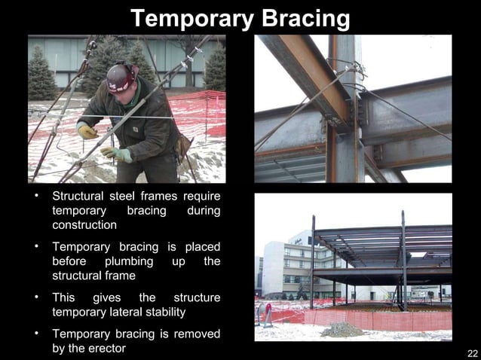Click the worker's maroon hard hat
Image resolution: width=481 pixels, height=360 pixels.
pyautogui.click(x=121, y=75)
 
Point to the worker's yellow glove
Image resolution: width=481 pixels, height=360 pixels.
pyautogui.click(x=87, y=131)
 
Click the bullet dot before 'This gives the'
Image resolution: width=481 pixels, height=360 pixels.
pyautogui.click(x=35, y=297)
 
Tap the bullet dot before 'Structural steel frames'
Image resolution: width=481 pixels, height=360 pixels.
pyautogui.click(x=35, y=197)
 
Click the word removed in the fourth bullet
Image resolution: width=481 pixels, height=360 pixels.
pyautogui.click(x=198, y=333)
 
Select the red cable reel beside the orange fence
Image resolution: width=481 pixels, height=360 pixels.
pyautogui.click(x=264, y=312)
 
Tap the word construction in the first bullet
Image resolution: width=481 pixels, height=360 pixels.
pyautogui.click(x=84, y=225)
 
